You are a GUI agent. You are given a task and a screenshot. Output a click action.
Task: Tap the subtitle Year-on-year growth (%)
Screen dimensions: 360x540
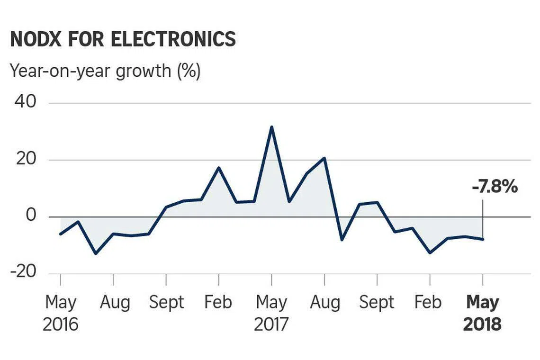[x=105, y=71]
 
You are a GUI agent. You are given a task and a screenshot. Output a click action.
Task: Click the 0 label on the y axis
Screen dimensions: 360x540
[x=30, y=216]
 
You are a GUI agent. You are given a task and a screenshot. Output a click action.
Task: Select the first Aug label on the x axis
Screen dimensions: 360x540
[x=115, y=302]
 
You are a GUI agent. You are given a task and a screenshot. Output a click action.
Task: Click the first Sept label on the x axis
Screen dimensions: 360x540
[x=166, y=302]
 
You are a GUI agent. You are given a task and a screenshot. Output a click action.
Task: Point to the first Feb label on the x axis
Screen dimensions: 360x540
[x=218, y=302]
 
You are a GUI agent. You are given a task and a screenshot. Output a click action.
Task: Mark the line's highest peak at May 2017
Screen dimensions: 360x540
[x=271, y=127]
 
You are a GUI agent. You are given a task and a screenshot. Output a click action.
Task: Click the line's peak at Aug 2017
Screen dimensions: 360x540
[x=324, y=158]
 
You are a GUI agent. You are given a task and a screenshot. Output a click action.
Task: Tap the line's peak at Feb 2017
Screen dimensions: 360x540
[x=218, y=167]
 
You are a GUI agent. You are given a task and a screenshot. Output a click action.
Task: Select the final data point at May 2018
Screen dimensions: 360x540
[x=483, y=239]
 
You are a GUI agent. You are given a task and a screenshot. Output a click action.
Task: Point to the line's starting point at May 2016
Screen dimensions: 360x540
[x=61, y=234]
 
